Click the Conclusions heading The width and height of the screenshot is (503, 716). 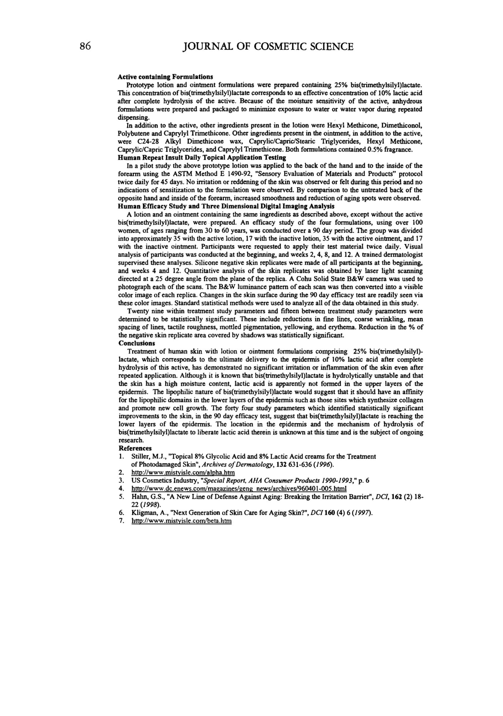(137, 343)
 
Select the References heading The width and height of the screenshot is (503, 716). (135, 448)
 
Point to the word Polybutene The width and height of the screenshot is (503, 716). (134, 134)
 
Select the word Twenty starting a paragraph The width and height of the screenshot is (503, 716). (138, 311)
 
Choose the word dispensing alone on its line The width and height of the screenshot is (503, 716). (133, 117)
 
